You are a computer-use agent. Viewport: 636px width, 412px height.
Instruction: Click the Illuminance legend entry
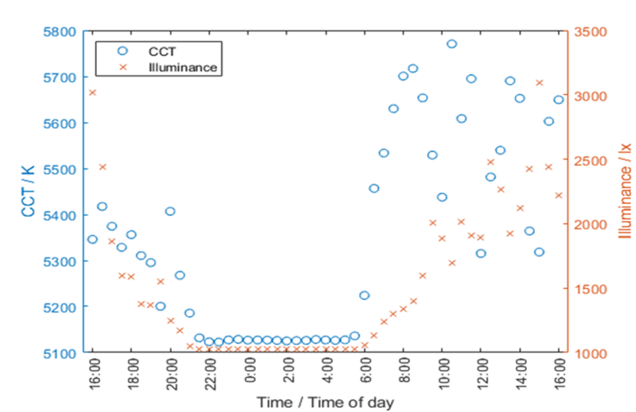click(184, 67)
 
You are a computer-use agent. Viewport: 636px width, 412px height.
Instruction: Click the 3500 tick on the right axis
click(590, 31)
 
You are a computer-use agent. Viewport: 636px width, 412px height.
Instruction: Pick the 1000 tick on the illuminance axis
click(590, 352)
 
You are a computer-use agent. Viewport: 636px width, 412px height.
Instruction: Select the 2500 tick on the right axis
click(590, 160)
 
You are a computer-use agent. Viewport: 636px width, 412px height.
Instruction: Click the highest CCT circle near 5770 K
click(452, 44)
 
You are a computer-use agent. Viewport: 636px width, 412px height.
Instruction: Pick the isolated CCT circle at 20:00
click(170, 211)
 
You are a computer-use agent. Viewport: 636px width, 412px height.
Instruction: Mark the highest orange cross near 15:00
click(539, 83)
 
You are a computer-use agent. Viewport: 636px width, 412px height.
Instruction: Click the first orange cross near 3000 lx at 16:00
click(92, 92)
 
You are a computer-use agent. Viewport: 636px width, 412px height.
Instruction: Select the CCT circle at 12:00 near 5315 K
click(481, 254)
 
